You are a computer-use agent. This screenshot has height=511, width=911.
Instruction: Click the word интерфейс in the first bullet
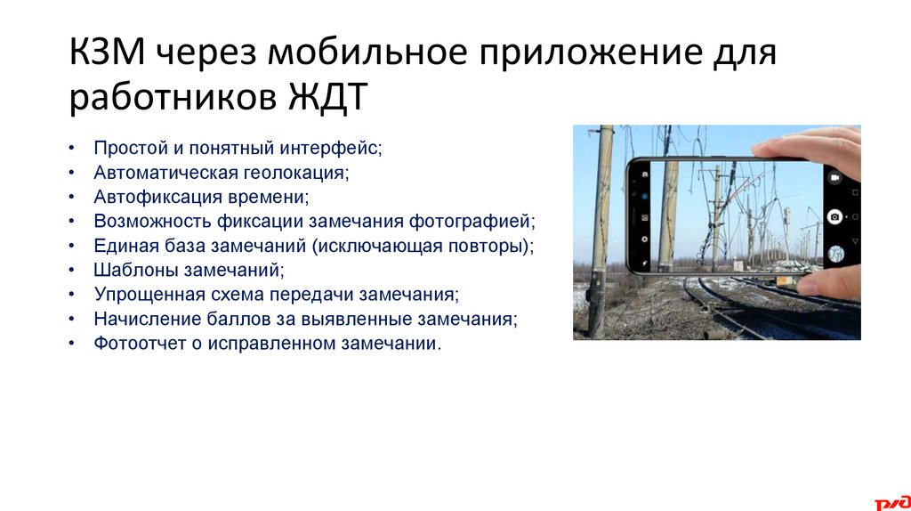click(337, 148)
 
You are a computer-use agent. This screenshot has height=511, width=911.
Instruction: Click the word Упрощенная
click(142, 293)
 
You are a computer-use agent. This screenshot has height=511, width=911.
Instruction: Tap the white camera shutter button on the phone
click(834, 216)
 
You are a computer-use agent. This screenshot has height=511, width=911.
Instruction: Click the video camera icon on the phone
click(834, 178)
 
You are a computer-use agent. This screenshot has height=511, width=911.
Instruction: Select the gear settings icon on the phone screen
click(643, 239)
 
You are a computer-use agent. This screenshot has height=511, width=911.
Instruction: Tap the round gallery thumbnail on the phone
click(834, 254)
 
